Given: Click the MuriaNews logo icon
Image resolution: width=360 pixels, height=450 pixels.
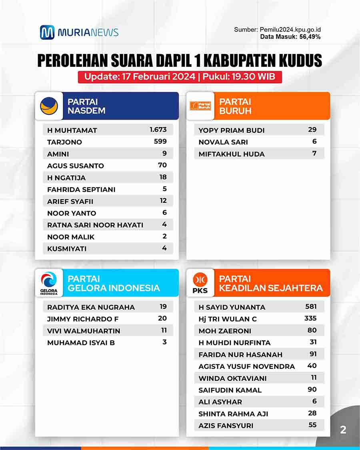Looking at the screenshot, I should pos(47,32).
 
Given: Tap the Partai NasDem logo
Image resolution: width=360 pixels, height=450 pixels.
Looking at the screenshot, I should pos(49,106).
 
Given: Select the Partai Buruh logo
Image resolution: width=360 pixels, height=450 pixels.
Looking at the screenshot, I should pos(201,106).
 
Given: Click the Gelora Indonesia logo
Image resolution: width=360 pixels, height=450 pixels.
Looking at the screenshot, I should pos(49,283).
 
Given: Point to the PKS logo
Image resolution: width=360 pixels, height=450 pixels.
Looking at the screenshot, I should pos(200,283).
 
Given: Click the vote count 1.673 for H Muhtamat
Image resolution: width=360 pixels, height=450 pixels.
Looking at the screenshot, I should pos(158,130).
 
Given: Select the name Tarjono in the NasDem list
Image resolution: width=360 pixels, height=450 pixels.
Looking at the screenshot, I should pos(64,142).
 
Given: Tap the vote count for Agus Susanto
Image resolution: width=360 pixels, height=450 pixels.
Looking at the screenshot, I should pos(162,165).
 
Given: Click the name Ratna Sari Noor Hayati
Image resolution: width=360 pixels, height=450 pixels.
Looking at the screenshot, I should pos(95,225).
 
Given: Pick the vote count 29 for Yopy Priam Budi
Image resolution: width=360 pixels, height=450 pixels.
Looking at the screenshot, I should pos(312,130).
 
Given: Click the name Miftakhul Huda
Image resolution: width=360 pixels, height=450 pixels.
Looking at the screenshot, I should pos(232,154).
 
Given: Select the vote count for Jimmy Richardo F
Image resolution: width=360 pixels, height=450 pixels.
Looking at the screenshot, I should pos(162,318).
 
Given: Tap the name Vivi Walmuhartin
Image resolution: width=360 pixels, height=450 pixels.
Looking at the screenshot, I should pos(84,331).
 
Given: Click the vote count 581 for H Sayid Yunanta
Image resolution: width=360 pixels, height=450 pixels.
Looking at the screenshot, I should pos(311,307).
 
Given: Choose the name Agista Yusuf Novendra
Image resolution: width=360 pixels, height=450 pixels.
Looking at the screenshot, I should pos(247,366).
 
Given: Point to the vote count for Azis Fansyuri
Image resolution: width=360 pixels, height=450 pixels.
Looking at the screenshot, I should pos(312,425).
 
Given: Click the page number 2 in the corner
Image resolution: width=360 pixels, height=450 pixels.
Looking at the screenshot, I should pos(343,430).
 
